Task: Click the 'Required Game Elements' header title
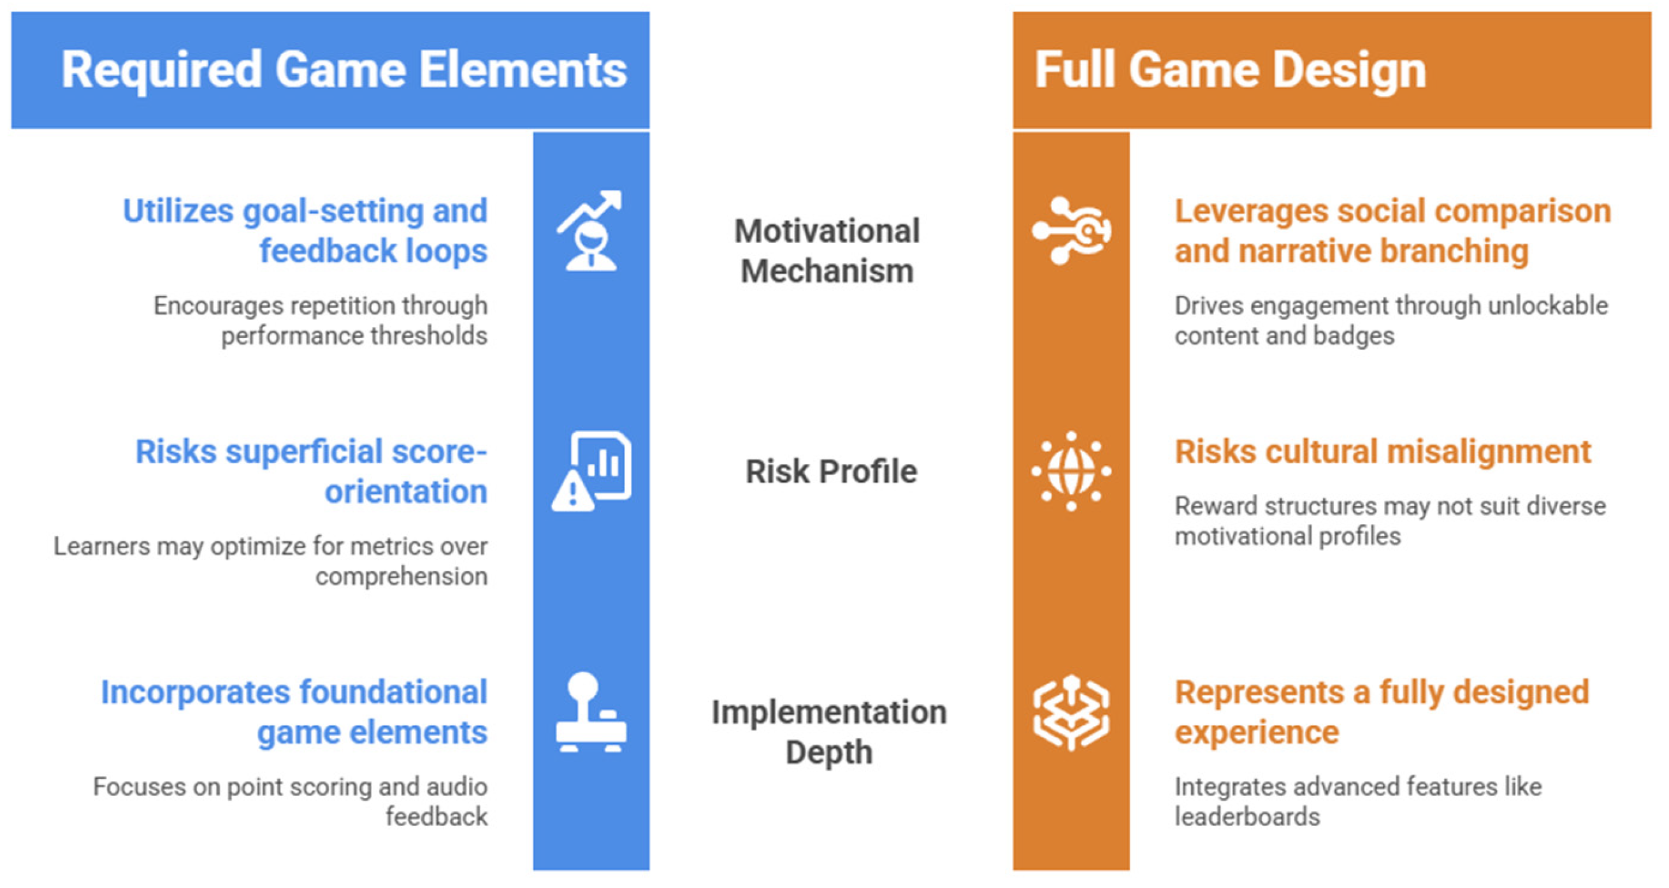(x=344, y=70)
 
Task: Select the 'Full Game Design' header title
(x=1230, y=70)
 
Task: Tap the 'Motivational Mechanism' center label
(x=827, y=251)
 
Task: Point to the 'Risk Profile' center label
(x=831, y=471)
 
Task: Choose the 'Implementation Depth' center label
(x=828, y=732)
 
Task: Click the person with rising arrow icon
(x=590, y=230)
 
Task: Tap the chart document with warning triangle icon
(x=591, y=471)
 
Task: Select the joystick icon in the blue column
(x=591, y=711)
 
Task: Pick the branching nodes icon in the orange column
(x=1071, y=230)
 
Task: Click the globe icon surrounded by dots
(x=1071, y=471)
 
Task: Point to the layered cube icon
(x=1071, y=711)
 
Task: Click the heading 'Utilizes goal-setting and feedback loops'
(x=305, y=231)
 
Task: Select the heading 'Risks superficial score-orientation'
(x=311, y=471)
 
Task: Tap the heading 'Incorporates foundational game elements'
(x=294, y=712)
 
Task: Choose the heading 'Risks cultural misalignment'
(x=1383, y=451)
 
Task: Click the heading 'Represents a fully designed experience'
(x=1382, y=712)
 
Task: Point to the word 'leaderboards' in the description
(x=1247, y=817)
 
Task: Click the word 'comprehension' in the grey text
(x=401, y=577)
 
